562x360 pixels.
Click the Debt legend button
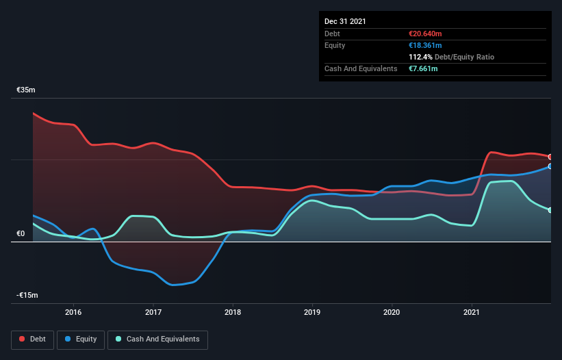click(x=33, y=339)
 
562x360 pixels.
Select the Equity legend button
click(x=81, y=339)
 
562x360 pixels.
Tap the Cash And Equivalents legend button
click(x=157, y=339)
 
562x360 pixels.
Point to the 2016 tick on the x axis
click(x=73, y=312)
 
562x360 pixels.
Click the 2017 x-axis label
click(x=153, y=312)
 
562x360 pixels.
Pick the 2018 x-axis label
click(x=233, y=312)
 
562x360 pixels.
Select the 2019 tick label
click(x=312, y=312)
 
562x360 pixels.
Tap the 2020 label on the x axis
click(x=392, y=312)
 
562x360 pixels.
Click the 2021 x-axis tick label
click(x=472, y=312)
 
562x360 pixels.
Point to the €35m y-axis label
click(x=26, y=90)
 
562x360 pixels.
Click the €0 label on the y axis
click(x=21, y=233)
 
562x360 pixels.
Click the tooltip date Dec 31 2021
click(x=345, y=21)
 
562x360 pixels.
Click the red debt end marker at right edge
click(x=550, y=157)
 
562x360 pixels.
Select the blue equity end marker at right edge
click(x=550, y=166)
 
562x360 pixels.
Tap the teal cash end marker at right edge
click(x=550, y=210)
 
